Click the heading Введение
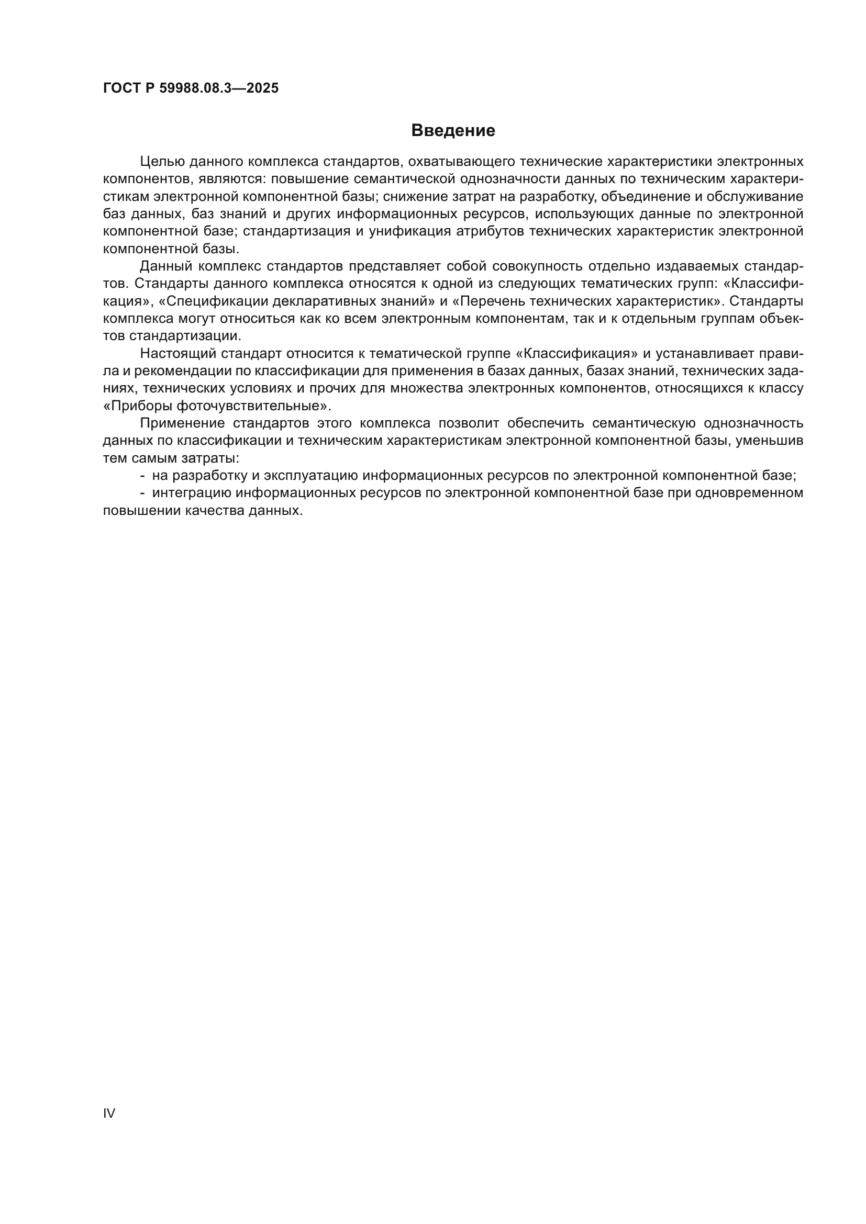[x=453, y=131]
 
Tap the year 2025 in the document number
[x=262, y=88]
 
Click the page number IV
[x=109, y=1113]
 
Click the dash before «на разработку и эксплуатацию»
[x=142, y=476]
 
